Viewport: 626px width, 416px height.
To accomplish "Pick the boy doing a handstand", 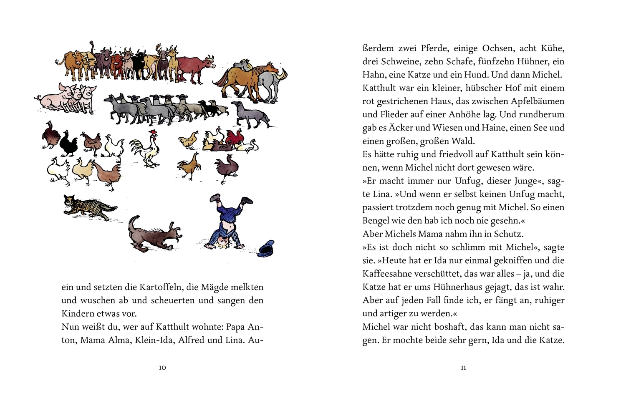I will [x=227, y=223].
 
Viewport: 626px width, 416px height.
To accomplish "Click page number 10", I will [x=162, y=368].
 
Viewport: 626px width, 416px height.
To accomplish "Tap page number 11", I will [x=463, y=368].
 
